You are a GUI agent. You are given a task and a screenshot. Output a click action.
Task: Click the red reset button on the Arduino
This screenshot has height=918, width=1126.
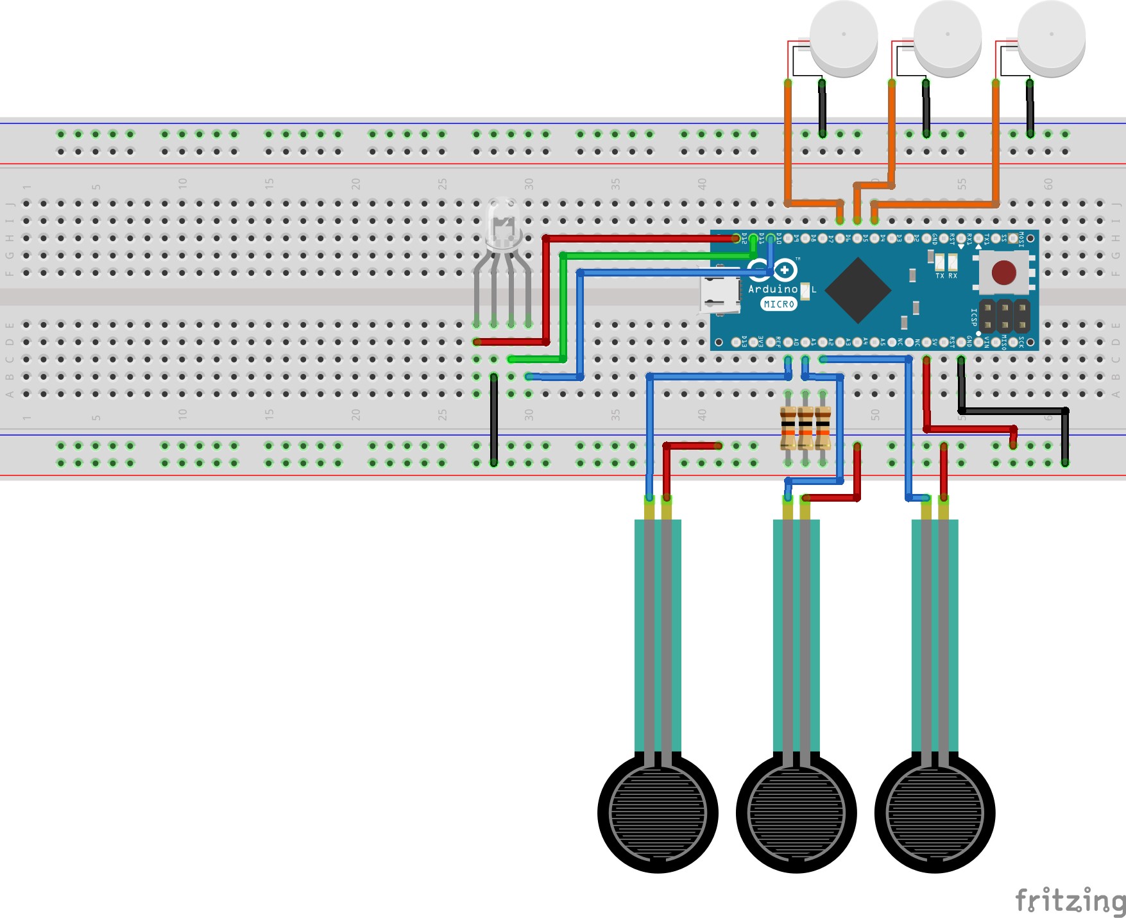(1003, 273)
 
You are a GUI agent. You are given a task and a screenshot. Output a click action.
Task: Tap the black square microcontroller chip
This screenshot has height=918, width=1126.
(857, 290)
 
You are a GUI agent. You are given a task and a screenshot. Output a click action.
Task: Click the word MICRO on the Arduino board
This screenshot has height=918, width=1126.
(779, 304)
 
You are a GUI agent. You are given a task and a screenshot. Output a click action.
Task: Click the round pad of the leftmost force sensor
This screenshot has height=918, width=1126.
(658, 813)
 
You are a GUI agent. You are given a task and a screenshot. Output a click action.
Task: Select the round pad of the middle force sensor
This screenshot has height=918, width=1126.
(796, 813)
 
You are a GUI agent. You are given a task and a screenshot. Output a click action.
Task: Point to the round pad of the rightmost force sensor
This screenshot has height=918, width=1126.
(935, 813)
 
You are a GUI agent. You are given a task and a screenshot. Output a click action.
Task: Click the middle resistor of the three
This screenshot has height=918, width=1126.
(805, 428)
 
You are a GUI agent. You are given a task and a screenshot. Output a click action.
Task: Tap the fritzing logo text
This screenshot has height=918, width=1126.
(1070, 900)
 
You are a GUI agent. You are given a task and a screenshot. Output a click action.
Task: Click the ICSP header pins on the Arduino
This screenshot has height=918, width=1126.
(1004, 316)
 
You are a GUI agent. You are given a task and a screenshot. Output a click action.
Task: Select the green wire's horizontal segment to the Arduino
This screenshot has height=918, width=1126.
(654, 256)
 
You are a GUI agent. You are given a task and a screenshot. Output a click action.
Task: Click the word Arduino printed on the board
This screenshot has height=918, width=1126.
(772, 289)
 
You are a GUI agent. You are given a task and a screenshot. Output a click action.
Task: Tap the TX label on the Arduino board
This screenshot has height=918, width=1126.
(939, 276)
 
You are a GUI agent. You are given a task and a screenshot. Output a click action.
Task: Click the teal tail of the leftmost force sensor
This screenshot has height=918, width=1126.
(658, 635)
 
